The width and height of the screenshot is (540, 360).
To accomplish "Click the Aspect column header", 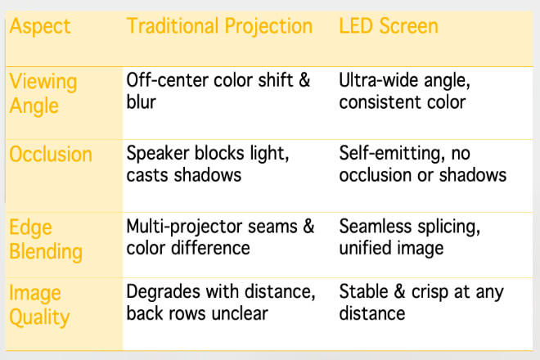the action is [40, 27].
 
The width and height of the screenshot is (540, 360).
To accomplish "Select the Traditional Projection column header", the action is [219, 27].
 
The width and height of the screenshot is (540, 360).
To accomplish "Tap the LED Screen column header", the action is [389, 26].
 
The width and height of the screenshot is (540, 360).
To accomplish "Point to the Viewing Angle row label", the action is [43, 94].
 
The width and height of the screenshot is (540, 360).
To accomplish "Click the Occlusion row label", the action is [51, 154].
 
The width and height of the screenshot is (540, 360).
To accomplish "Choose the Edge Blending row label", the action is [46, 240].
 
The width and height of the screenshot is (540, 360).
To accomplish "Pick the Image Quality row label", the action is [39, 305].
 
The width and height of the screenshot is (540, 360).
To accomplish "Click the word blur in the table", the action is [142, 102].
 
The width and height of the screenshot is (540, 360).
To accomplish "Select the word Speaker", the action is [158, 154].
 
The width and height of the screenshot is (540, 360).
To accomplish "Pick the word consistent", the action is [380, 102].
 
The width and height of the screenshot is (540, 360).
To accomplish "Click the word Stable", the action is [363, 292].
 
